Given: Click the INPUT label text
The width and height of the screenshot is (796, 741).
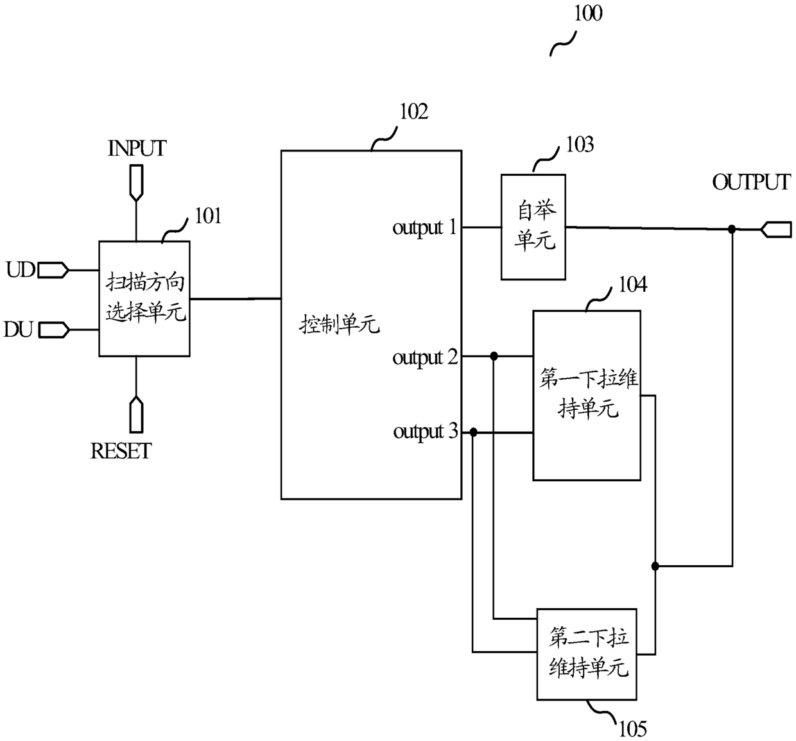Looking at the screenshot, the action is click(x=137, y=148).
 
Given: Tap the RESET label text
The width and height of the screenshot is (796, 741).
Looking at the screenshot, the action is click(x=121, y=451).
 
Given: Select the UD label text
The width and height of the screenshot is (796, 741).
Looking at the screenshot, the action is click(x=21, y=270).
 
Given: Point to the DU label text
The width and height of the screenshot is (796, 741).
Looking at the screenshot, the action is click(x=18, y=330).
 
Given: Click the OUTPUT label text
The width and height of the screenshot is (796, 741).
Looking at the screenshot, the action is click(x=751, y=182).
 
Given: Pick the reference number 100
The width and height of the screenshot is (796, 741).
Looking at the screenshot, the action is click(x=588, y=13).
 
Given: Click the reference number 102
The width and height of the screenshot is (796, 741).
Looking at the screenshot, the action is click(x=413, y=112).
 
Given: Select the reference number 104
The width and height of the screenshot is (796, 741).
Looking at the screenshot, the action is click(x=633, y=285).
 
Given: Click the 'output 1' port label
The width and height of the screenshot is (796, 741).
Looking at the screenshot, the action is click(x=424, y=228).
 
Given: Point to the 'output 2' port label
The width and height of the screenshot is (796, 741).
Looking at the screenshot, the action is click(x=425, y=357).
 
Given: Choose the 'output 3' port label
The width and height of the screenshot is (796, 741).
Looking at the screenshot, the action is click(x=425, y=432).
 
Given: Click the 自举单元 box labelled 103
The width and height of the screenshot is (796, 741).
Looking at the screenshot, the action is click(x=533, y=227).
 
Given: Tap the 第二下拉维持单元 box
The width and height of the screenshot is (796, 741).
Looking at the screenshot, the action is click(x=587, y=654).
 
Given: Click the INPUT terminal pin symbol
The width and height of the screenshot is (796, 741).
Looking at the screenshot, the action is click(x=136, y=183).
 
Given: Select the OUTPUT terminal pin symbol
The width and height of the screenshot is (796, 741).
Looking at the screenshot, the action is click(x=776, y=230).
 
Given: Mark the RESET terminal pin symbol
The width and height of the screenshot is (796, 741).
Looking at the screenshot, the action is click(x=136, y=414).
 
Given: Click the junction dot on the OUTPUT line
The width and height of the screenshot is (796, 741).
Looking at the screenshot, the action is click(x=731, y=229).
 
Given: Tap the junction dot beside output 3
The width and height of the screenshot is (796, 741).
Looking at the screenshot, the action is click(x=473, y=432).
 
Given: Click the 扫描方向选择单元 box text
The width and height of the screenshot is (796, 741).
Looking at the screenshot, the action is click(x=145, y=297).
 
